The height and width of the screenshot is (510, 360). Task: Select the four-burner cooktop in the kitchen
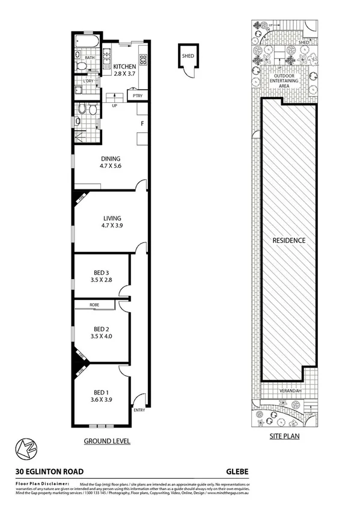click(144, 58)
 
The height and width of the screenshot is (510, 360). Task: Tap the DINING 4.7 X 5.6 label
click(111, 159)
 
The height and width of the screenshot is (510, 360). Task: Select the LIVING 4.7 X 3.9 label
click(112, 218)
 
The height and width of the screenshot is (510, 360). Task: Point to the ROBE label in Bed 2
click(94, 305)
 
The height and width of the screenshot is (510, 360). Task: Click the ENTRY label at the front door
click(139, 410)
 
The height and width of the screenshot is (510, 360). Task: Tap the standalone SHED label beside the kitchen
click(187, 56)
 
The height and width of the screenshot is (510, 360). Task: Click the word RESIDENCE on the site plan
click(289, 241)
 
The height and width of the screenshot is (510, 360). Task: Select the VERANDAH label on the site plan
click(289, 390)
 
